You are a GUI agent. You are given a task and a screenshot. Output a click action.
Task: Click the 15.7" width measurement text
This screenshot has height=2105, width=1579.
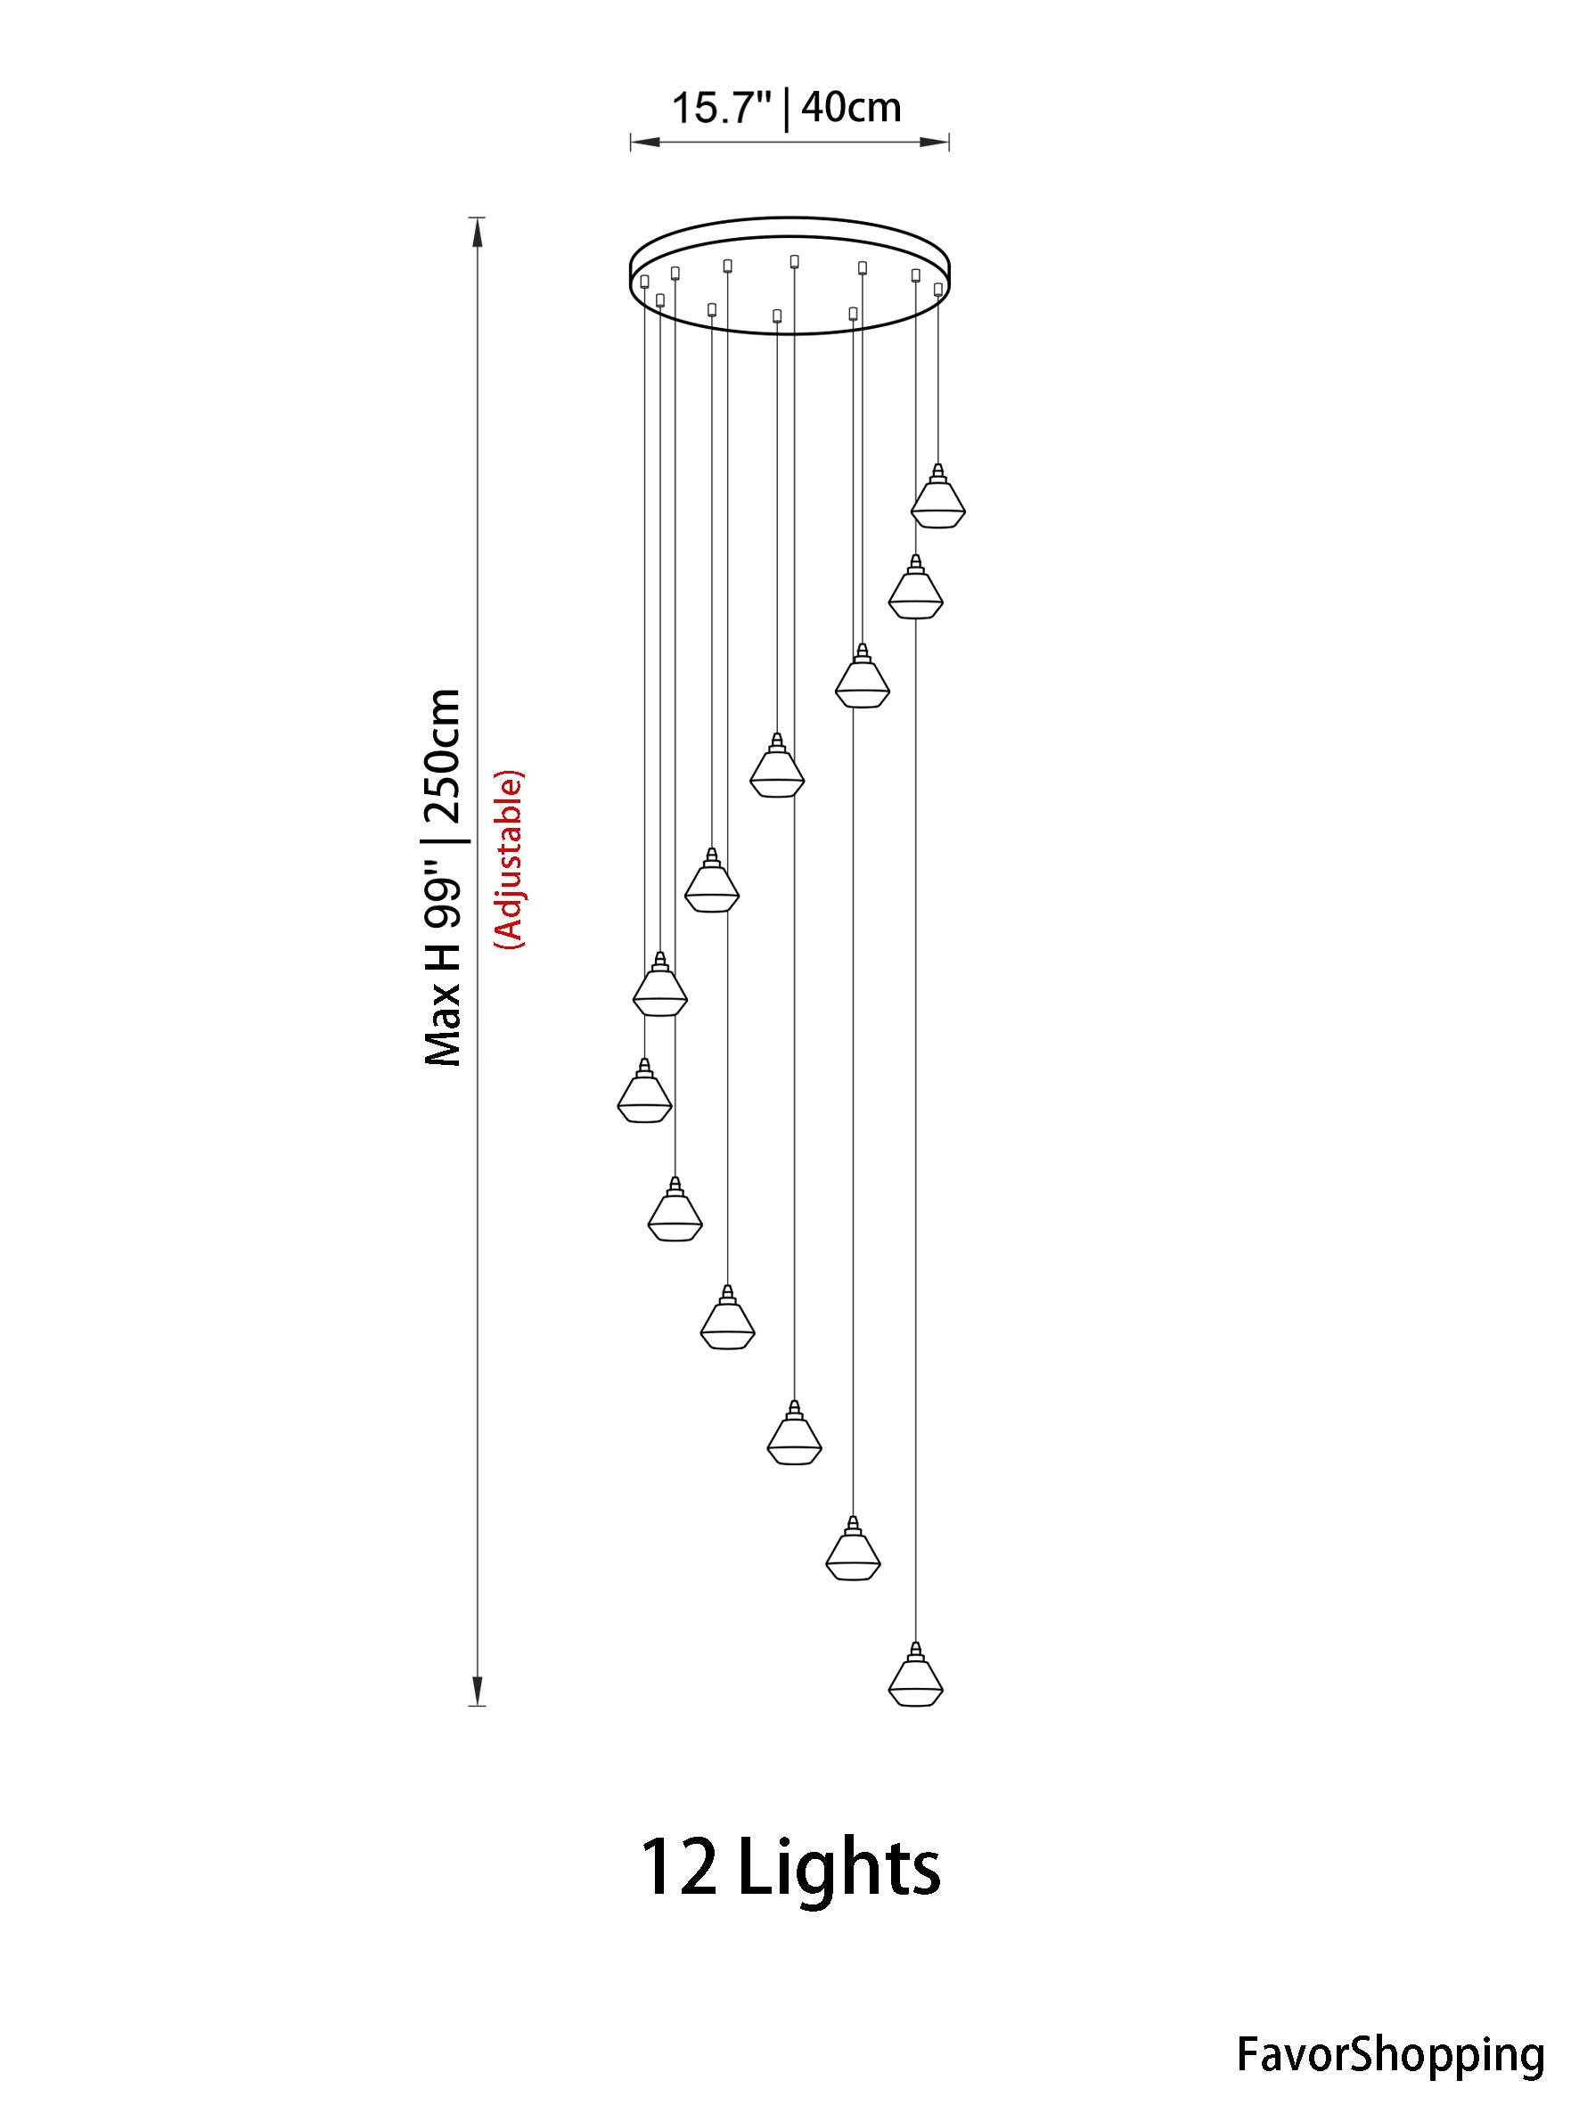pyautogui.click(x=721, y=108)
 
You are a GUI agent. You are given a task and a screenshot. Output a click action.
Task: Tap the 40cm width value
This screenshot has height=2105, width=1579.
pyautogui.click(x=851, y=108)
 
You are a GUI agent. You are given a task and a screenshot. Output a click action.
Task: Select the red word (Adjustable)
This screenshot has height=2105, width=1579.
pyautogui.click(x=507, y=858)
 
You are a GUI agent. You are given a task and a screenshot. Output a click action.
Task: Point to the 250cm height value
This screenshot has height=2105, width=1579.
pyautogui.click(x=443, y=758)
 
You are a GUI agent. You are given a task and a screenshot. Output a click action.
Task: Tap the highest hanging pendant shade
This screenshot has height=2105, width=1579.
pyautogui.click(x=938, y=496)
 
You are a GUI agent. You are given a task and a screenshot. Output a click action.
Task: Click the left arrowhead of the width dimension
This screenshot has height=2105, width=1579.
pyautogui.click(x=645, y=143)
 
